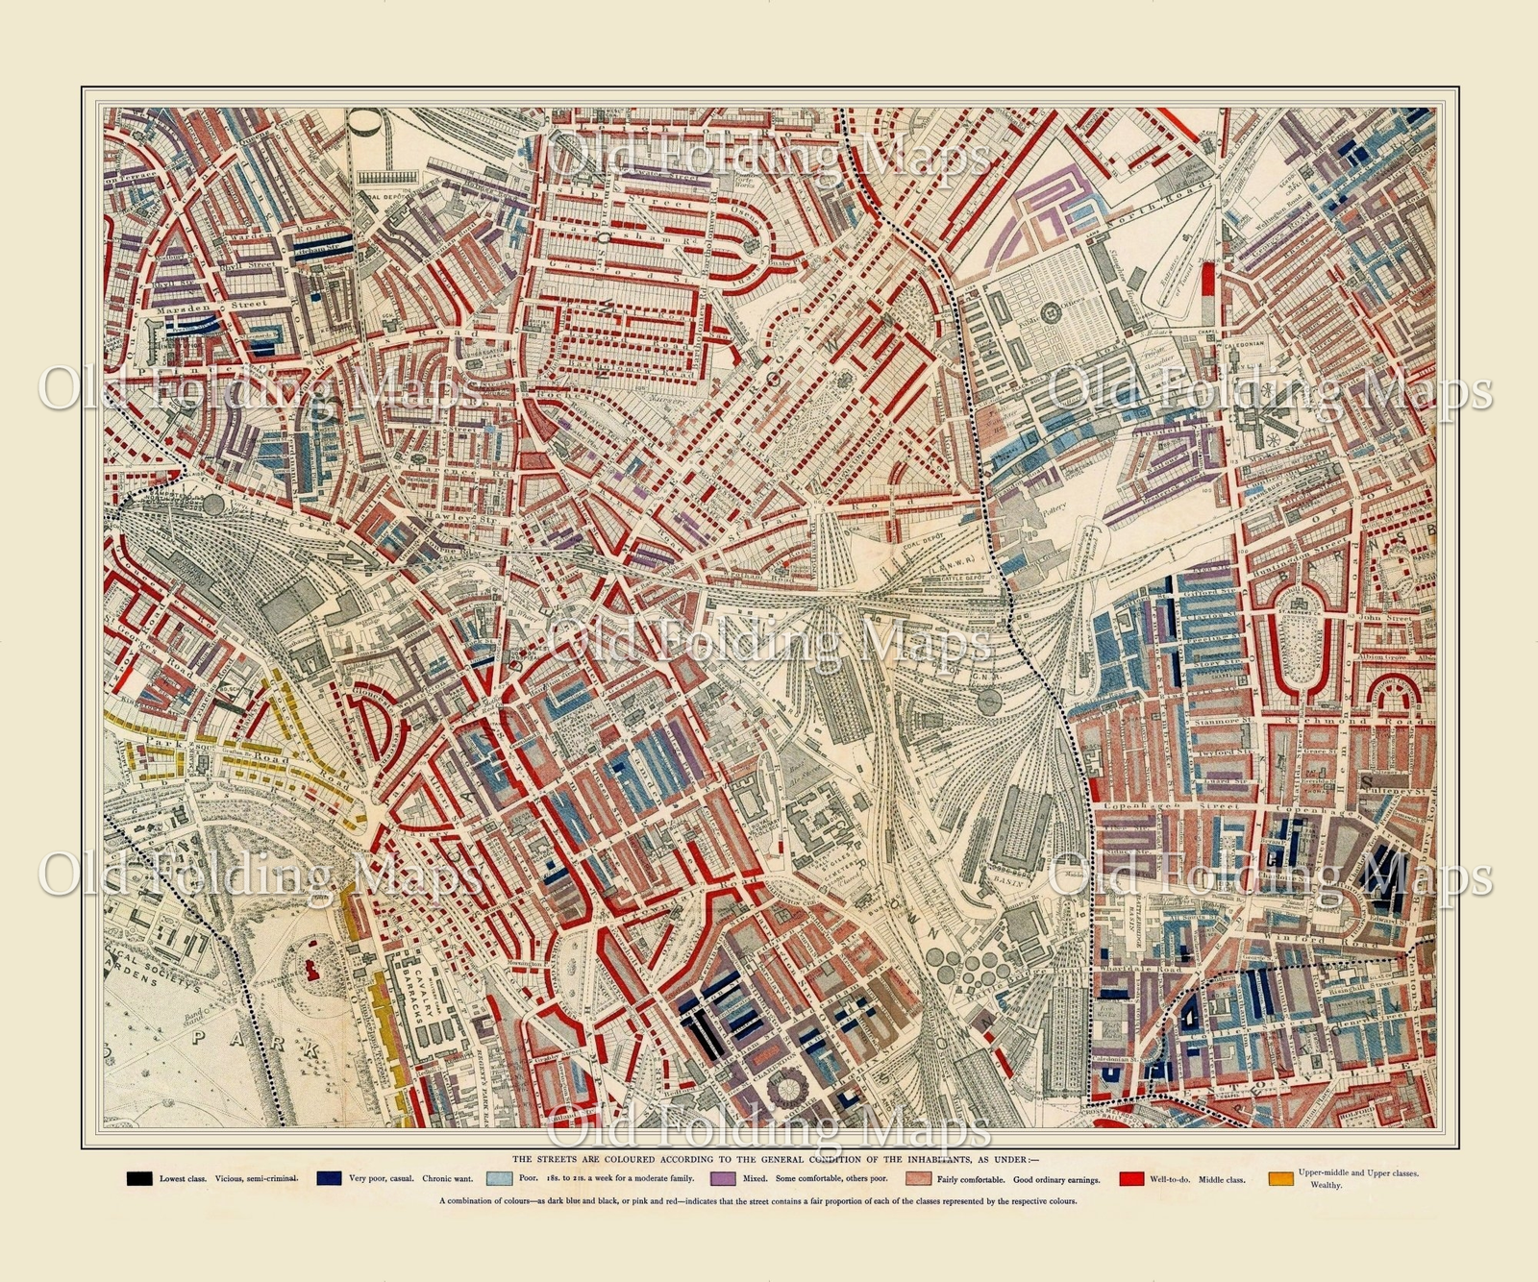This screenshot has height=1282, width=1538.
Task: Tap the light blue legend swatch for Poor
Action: click(499, 1178)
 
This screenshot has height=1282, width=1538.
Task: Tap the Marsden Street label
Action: click(204, 303)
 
